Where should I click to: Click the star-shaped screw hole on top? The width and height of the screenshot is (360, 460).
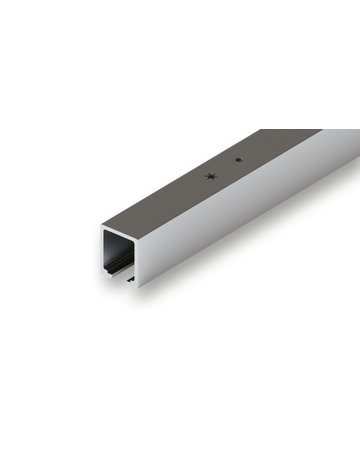[x=210, y=176]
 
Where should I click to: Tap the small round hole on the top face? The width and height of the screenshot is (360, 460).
[x=237, y=159]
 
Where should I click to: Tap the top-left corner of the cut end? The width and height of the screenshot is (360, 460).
[x=102, y=226]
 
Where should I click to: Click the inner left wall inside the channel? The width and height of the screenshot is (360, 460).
[x=108, y=249]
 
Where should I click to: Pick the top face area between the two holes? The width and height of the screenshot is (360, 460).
[x=224, y=168]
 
